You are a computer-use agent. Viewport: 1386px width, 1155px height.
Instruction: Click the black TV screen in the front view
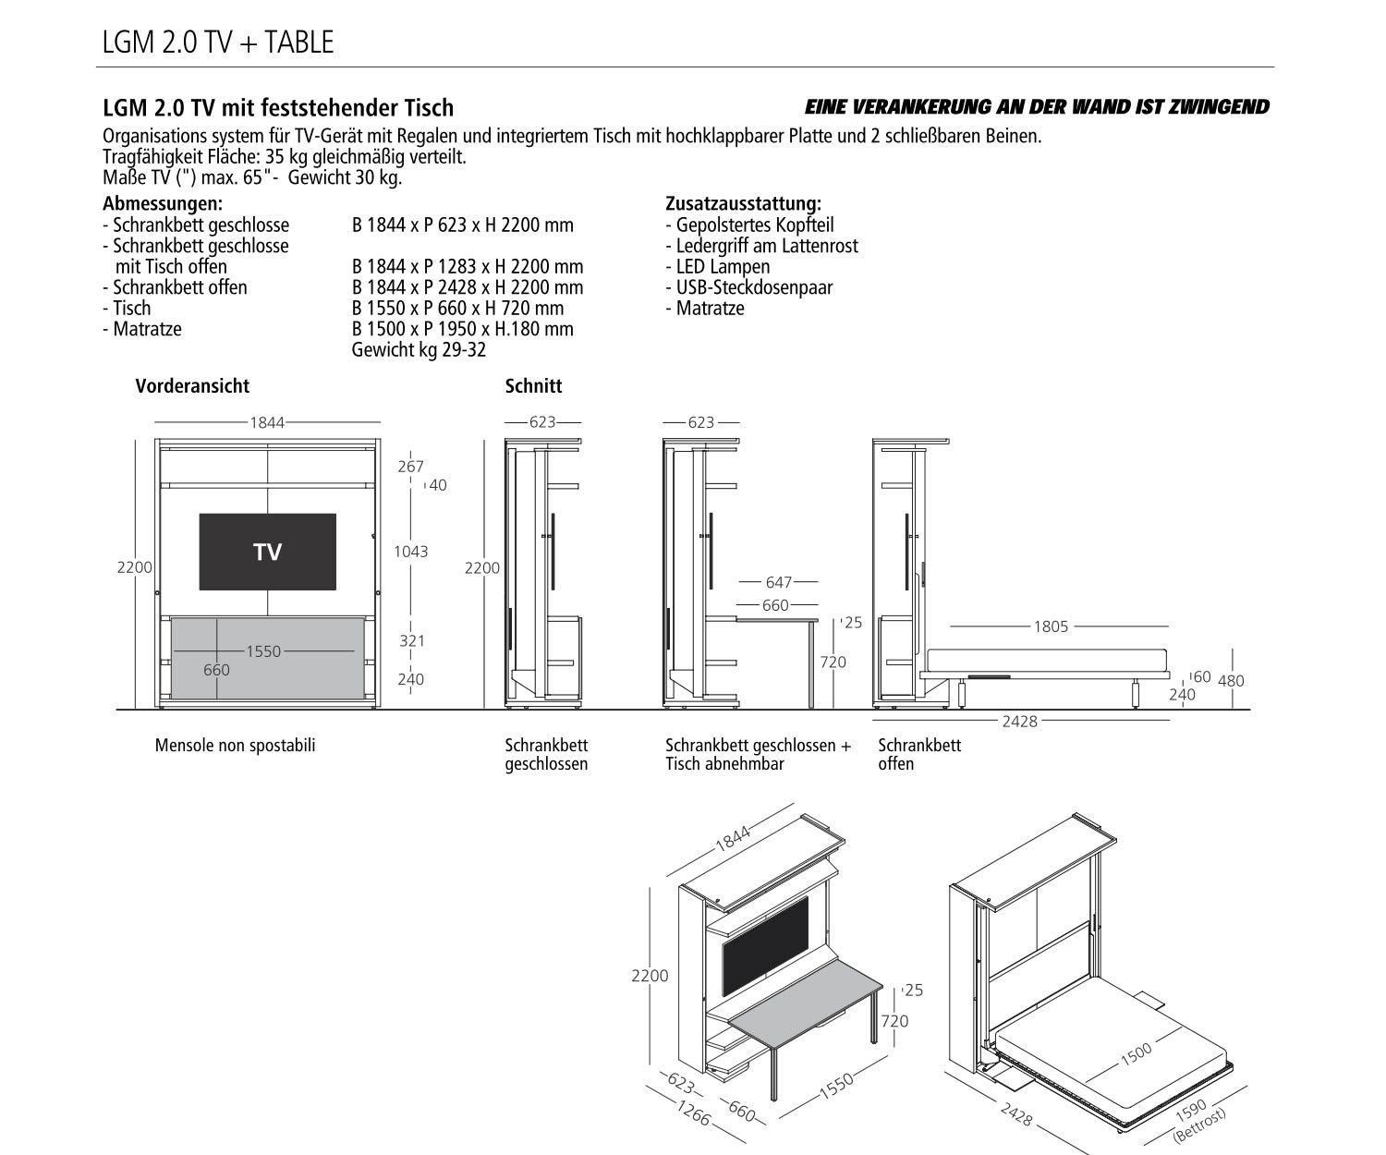pos(267,552)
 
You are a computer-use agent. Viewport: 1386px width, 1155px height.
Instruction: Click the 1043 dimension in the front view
pos(410,552)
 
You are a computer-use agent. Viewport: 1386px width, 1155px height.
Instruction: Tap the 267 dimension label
pos(410,467)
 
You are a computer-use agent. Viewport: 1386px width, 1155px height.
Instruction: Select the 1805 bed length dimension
pos(1051,626)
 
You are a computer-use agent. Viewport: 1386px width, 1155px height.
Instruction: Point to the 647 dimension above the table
pos(778,582)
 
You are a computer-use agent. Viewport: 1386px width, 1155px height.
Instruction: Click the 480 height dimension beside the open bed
pos(1231,681)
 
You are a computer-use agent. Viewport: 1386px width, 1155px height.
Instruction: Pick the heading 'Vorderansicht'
pos(192,386)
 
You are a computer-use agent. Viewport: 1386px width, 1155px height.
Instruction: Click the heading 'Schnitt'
pos(533,386)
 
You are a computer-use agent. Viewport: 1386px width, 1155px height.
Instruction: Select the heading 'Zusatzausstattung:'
pos(743,203)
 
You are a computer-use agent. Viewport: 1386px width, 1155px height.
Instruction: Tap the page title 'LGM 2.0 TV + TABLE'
pos(217,43)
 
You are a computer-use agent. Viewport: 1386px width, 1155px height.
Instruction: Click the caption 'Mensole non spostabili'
pos(235,745)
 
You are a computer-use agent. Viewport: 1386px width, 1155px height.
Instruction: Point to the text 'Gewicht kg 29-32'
pos(419,350)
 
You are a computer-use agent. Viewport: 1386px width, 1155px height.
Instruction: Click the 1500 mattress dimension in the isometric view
pos(1136,1052)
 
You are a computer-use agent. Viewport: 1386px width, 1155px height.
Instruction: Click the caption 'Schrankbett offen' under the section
pos(918,754)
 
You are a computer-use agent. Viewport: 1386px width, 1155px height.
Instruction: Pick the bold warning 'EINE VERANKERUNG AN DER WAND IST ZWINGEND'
pos(1037,107)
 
